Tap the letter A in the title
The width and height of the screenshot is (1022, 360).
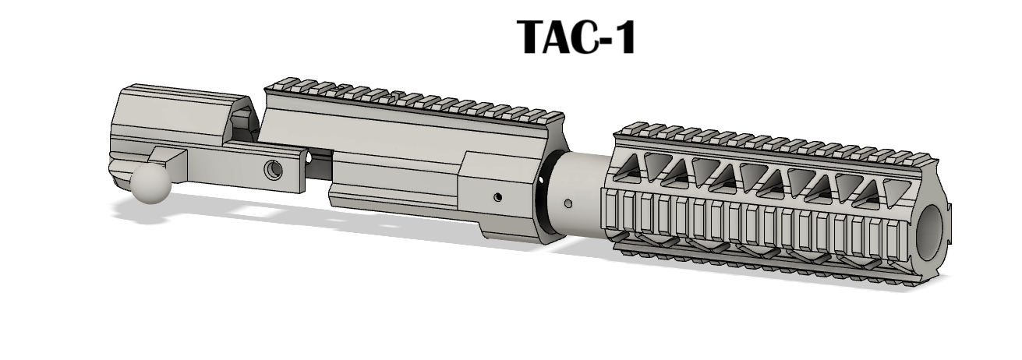(563, 37)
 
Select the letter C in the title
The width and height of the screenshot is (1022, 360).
(589, 37)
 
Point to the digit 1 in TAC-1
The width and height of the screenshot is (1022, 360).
(624, 37)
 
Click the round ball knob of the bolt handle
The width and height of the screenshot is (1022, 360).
(151, 183)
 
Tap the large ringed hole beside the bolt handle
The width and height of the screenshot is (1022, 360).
(273, 170)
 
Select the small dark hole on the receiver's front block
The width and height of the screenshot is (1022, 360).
(498, 197)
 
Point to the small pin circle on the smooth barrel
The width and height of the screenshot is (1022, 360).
(568, 203)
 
